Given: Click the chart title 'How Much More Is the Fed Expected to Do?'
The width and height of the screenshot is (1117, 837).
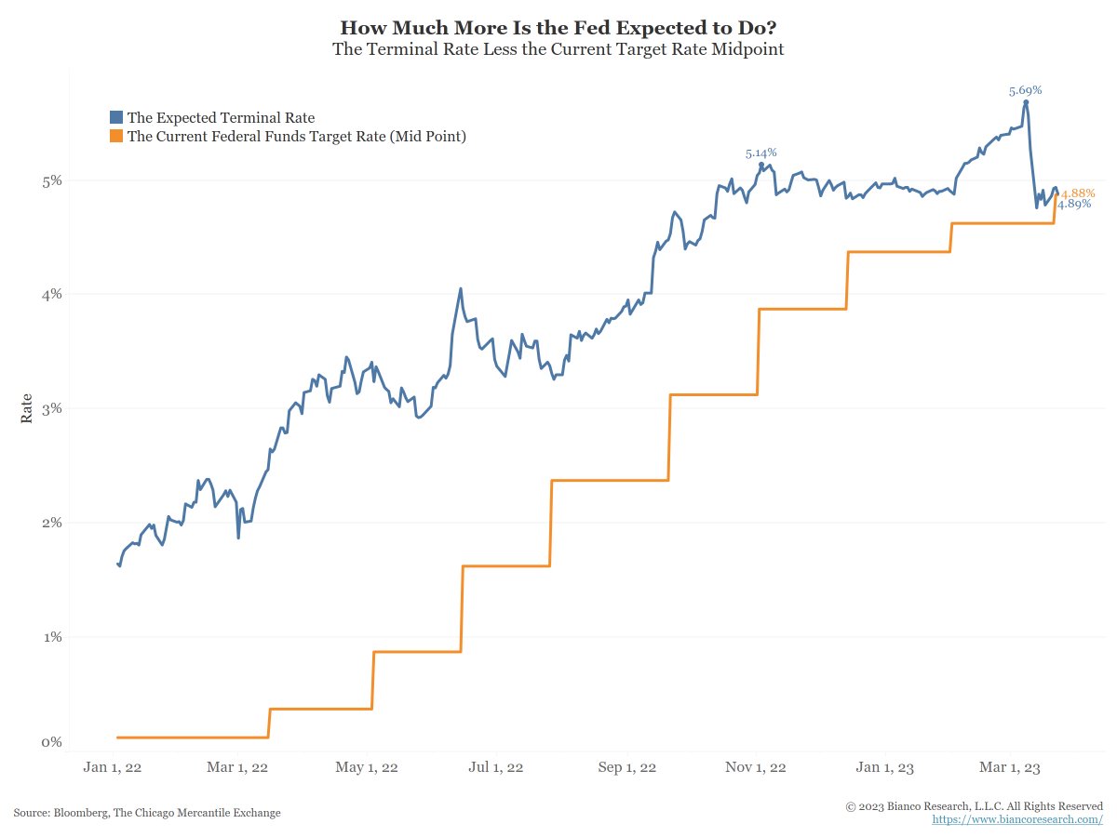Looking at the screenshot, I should pyautogui.click(x=558, y=27).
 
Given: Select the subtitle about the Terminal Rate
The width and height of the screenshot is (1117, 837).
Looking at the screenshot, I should pyautogui.click(x=558, y=49).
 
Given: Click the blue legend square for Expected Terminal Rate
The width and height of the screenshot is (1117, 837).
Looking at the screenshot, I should pyautogui.click(x=116, y=117).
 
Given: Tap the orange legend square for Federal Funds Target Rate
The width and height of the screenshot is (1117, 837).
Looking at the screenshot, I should pyautogui.click(x=116, y=137).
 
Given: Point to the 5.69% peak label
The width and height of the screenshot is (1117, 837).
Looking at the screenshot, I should pyautogui.click(x=1025, y=91).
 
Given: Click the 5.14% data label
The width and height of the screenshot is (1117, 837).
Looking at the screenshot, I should pyautogui.click(x=760, y=153).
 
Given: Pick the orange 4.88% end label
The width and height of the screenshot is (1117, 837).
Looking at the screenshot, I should pyautogui.click(x=1078, y=193).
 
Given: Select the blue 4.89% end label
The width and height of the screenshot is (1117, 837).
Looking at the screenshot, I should pyautogui.click(x=1074, y=204).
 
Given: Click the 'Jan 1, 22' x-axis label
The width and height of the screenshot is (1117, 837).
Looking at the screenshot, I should pyautogui.click(x=112, y=767).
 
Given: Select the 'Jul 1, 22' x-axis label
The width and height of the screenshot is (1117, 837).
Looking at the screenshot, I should pyautogui.click(x=496, y=767).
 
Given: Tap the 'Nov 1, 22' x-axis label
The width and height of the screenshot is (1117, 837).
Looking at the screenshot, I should pyautogui.click(x=755, y=767).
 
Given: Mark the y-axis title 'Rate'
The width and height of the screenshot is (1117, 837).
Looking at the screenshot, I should pyautogui.click(x=27, y=408).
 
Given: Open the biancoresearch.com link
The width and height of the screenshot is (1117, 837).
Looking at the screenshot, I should pyautogui.click(x=1017, y=819).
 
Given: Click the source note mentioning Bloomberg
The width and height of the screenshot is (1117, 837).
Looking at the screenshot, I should pyautogui.click(x=147, y=813).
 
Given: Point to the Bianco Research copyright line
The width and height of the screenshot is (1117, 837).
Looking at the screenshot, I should pyautogui.click(x=974, y=805).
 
